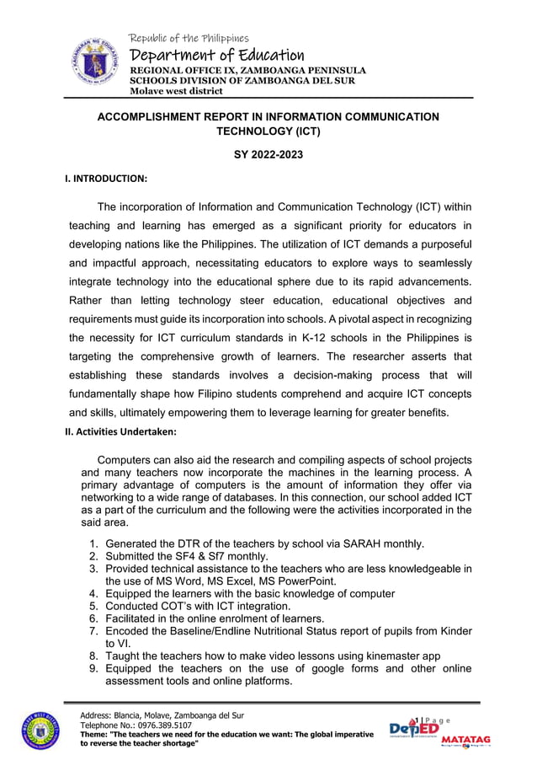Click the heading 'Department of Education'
(x=215, y=55)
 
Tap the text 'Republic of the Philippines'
(x=189, y=38)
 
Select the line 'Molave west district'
(x=175, y=91)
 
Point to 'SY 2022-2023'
(x=268, y=155)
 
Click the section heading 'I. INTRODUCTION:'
(x=106, y=179)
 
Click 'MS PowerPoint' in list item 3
(x=296, y=581)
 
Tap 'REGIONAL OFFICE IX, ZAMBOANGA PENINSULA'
(x=247, y=70)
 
